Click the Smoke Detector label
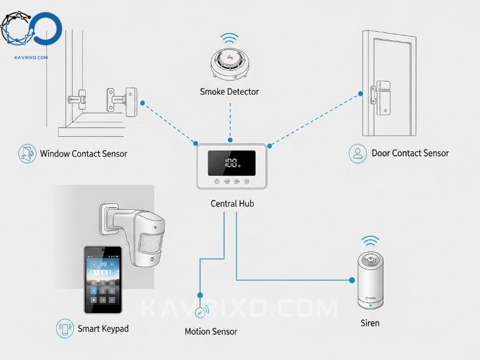tap(229, 92)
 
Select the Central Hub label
tap(232, 203)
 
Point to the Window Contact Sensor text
tap(83, 154)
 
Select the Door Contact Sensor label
tap(410, 153)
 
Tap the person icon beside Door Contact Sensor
tap(358, 153)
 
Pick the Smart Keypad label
tap(103, 329)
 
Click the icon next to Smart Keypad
tap(65, 329)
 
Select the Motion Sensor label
tap(211, 331)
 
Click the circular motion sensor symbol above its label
tap(200, 312)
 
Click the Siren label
tap(370, 323)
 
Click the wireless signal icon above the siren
tap(370, 241)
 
